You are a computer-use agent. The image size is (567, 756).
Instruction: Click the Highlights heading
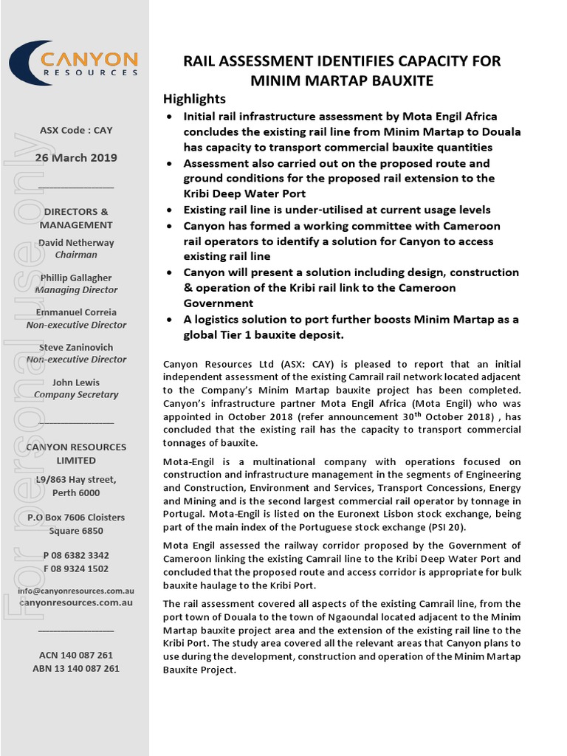pyautogui.click(x=194, y=99)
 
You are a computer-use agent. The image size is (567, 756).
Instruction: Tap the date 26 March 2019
pyautogui.click(x=76, y=158)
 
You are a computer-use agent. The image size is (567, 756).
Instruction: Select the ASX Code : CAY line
pyautogui.click(x=76, y=131)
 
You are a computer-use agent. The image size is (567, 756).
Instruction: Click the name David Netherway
pyautogui.click(x=76, y=243)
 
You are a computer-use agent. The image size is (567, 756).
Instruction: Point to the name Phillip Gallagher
pyautogui.click(x=76, y=278)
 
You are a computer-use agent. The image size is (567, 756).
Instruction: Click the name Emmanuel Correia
pyautogui.click(x=76, y=312)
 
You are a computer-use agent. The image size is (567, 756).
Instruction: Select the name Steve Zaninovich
pyautogui.click(x=76, y=347)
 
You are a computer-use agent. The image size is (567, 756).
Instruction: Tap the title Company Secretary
pyautogui.click(x=76, y=395)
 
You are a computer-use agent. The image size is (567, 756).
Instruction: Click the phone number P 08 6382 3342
pyautogui.click(x=76, y=555)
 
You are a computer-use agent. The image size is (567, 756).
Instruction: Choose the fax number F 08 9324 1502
pyautogui.click(x=76, y=568)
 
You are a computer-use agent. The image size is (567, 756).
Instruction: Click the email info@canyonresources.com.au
pyautogui.click(x=76, y=591)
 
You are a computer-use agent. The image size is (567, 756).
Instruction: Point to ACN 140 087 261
pyautogui.click(x=76, y=655)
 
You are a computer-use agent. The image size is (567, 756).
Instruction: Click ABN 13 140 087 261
pyautogui.click(x=76, y=668)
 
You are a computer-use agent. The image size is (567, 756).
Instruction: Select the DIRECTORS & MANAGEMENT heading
pyautogui.click(x=76, y=219)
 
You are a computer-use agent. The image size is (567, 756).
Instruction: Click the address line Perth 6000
pyautogui.click(x=76, y=493)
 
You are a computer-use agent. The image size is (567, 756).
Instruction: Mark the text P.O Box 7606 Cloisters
pyautogui.click(x=76, y=518)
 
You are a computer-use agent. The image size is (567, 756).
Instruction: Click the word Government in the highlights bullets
pyautogui.click(x=219, y=303)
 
